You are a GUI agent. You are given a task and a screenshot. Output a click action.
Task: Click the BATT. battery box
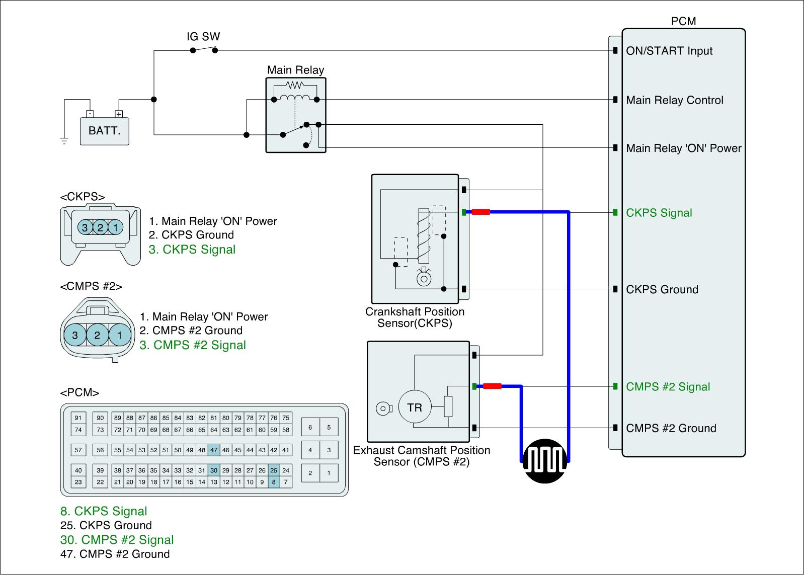(104, 131)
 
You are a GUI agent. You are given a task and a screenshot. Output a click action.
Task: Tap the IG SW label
(203, 36)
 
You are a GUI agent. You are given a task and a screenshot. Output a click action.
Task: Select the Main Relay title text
(295, 70)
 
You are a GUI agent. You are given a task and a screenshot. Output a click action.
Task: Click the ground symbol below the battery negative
(64, 141)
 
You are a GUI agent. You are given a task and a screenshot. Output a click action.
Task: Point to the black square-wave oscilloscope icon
(545, 461)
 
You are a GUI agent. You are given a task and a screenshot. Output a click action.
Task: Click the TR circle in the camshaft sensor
(415, 407)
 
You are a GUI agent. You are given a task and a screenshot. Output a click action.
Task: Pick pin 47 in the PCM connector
(214, 450)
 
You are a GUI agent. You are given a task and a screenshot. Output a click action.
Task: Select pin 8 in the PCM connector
(274, 482)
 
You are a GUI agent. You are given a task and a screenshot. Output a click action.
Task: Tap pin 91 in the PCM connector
(78, 418)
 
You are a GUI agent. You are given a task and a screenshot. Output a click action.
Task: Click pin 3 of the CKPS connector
(85, 227)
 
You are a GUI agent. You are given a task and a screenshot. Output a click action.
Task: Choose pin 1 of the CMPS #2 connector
(120, 335)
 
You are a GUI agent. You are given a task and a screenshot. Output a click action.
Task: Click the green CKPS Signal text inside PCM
(659, 213)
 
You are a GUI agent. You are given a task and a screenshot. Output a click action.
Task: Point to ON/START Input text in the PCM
(669, 51)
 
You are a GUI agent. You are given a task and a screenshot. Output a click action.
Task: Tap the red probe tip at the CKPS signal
(481, 212)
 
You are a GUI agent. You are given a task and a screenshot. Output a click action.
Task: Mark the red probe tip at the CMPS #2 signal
(492, 386)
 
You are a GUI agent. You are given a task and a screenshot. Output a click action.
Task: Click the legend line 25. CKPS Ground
(106, 525)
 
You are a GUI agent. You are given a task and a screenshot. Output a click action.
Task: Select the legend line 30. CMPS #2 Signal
(117, 540)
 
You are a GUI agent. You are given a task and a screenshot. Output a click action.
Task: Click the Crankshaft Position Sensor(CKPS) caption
(415, 317)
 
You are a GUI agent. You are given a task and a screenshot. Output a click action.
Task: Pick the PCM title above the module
(684, 21)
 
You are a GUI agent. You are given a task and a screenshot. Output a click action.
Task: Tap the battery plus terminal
(119, 114)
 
